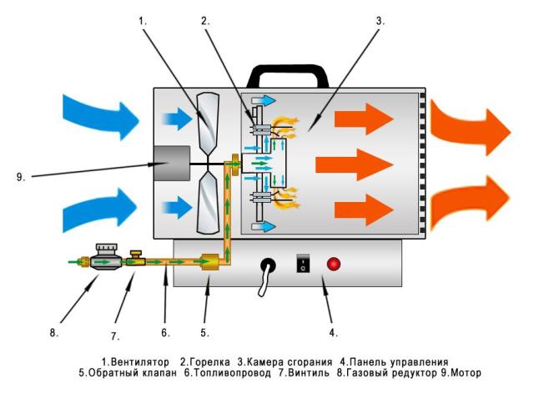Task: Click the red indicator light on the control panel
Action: click(335, 265)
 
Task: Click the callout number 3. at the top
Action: click(380, 20)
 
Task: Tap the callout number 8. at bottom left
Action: click(55, 332)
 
